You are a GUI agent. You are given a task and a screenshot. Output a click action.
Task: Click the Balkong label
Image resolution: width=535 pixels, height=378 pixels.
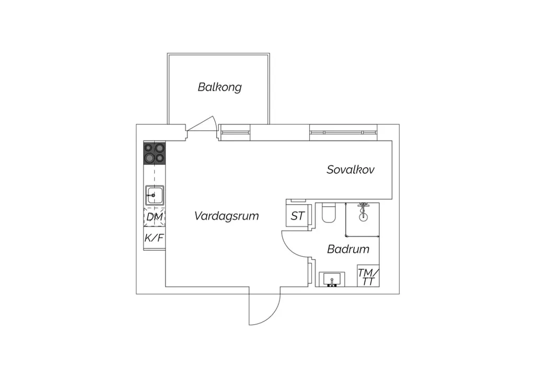click(220, 87)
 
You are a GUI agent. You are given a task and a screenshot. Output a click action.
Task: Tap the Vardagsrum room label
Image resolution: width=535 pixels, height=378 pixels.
click(227, 216)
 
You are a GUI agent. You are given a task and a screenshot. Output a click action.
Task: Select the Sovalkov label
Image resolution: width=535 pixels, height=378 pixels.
click(351, 169)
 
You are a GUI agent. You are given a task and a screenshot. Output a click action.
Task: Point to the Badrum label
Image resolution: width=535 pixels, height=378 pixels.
click(348, 249)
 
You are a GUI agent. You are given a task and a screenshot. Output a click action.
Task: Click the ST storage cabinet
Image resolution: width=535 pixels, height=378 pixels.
click(297, 216)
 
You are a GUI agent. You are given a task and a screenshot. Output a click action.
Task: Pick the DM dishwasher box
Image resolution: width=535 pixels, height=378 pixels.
click(155, 217)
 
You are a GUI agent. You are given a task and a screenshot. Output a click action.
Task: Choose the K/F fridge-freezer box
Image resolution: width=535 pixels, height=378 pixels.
click(155, 238)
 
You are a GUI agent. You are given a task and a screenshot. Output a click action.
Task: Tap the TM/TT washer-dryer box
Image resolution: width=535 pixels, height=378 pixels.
click(368, 276)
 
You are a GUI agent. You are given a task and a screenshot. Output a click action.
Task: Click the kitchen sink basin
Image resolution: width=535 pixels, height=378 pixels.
click(155, 195)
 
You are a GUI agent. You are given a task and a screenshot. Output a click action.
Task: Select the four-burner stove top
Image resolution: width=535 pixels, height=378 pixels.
click(155, 153)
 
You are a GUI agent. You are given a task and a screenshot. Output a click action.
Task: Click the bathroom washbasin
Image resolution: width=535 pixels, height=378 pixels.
click(332, 279)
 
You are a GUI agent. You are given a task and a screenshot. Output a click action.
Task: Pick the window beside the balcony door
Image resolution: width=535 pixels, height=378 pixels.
click(235, 132)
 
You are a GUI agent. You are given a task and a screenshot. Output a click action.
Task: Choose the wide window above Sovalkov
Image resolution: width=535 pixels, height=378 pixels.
click(343, 132)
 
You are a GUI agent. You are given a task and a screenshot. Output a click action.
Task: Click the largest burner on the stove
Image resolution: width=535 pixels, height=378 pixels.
click(149, 158)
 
